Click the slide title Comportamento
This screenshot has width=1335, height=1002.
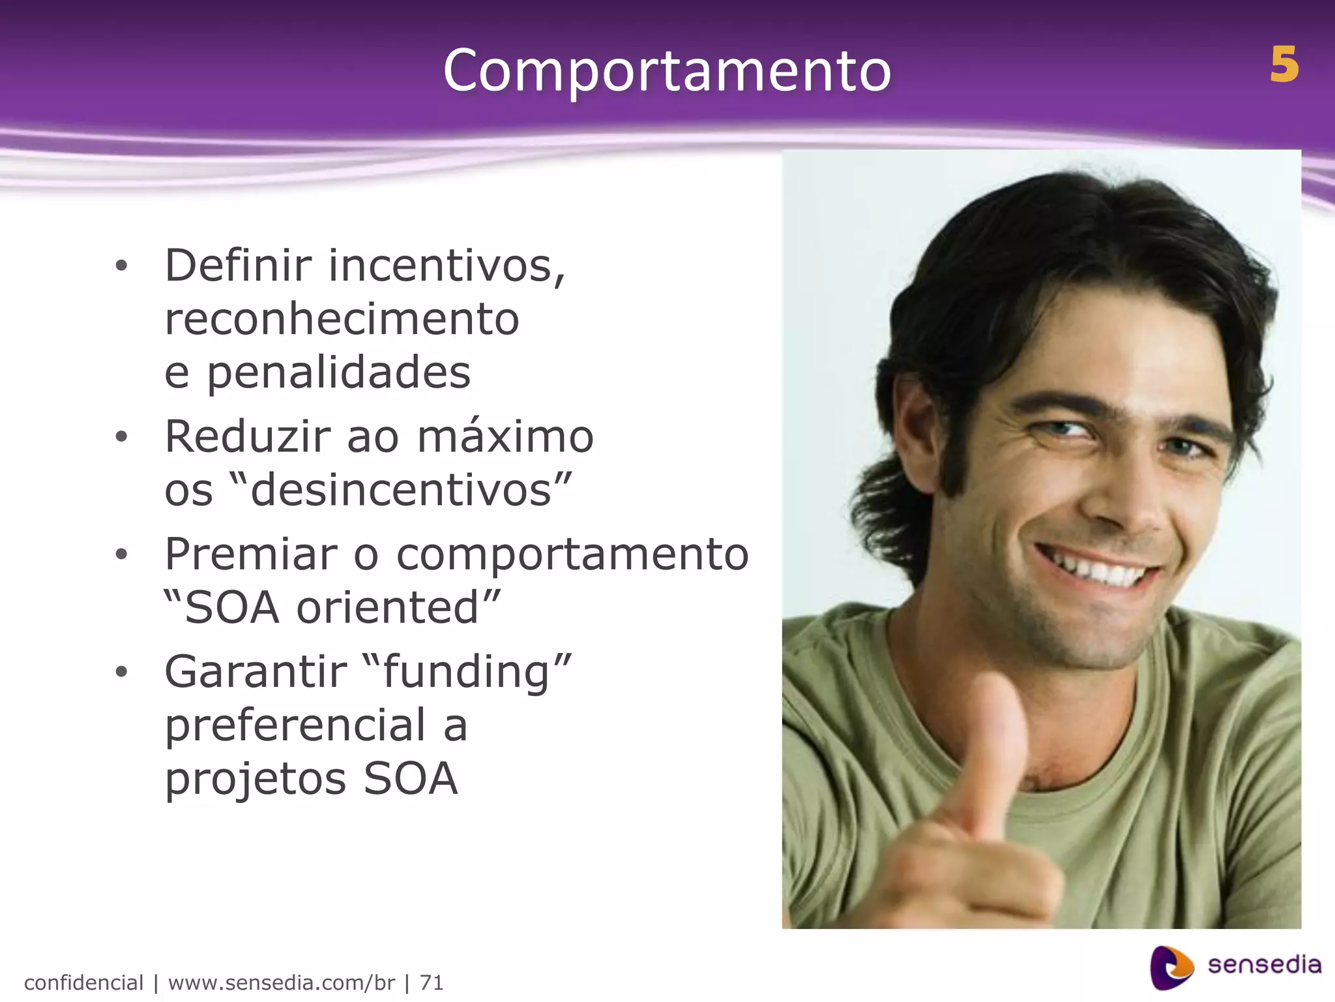click(666, 70)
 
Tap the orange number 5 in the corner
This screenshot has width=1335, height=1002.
click(1284, 65)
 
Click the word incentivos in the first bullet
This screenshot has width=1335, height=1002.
click(447, 266)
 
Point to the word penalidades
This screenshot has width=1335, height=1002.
click(339, 372)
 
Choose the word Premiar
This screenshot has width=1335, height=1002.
click(251, 554)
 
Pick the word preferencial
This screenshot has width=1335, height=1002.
click(295, 725)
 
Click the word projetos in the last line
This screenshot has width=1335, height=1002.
click(255, 780)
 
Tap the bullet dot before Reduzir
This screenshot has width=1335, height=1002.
click(121, 438)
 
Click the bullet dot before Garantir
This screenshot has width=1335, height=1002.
click(121, 673)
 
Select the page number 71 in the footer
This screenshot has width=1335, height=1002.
click(432, 982)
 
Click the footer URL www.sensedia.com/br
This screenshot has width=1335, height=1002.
click(281, 982)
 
